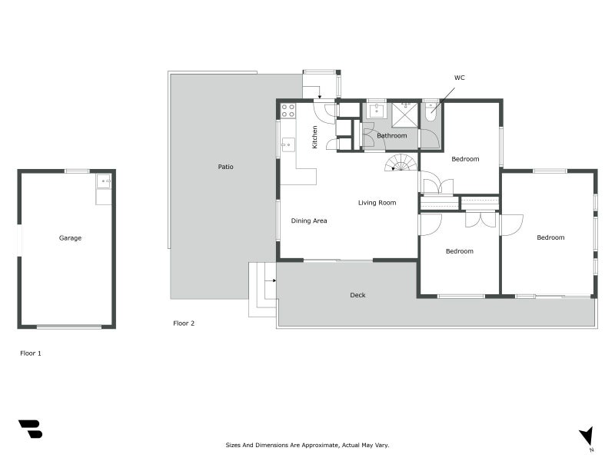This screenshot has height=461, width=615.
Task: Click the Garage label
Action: point(70,238)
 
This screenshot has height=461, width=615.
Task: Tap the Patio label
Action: point(225,167)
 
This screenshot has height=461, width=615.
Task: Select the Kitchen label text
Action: point(314,137)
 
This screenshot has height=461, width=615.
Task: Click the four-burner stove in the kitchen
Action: point(288,111)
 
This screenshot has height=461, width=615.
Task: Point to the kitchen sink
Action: point(288,144)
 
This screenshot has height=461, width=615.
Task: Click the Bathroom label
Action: point(391,136)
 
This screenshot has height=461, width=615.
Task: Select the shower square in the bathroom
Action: point(404,114)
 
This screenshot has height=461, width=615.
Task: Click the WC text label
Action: point(459,78)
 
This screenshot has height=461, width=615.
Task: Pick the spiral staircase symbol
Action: point(402,163)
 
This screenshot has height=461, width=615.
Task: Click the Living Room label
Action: point(377,203)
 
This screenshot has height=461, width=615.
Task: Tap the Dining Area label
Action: point(309,221)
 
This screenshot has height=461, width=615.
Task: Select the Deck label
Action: point(357,295)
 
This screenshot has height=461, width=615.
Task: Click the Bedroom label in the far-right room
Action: point(550,237)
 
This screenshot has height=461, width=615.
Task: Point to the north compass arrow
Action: point(587,436)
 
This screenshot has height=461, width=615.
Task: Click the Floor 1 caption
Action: point(31,353)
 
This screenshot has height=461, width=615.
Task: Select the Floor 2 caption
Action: point(184,323)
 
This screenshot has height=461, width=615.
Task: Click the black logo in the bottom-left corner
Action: point(30,429)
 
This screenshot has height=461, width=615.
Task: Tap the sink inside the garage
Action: point(104,182)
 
